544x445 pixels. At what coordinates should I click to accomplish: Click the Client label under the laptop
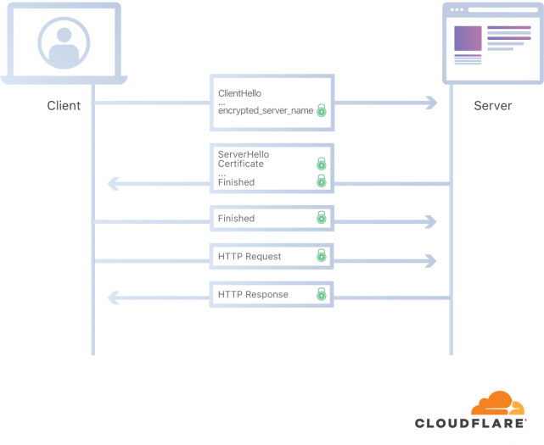[64, 106]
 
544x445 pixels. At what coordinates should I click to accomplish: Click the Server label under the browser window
[492, 106]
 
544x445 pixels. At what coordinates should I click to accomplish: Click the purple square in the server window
[468, 38]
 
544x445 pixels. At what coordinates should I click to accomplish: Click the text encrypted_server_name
[265, 110]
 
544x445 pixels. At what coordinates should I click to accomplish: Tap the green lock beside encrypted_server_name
[322, 110]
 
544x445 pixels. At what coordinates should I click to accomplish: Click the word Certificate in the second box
[241, 164]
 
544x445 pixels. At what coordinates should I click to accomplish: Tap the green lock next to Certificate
[322, 164]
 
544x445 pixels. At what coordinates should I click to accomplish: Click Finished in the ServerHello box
[236, 182]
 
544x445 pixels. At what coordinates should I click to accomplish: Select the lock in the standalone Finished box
[322, 218]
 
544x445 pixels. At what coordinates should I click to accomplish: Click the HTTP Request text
[250, 256]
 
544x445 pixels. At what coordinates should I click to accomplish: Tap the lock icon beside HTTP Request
[322, 255]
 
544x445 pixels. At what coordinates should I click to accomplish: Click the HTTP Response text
[253, 294]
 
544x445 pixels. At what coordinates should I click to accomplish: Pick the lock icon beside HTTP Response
[322, 294]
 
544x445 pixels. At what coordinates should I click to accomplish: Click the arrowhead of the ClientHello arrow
[431, 103]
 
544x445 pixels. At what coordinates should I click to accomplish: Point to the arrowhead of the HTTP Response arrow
[112, 297]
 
